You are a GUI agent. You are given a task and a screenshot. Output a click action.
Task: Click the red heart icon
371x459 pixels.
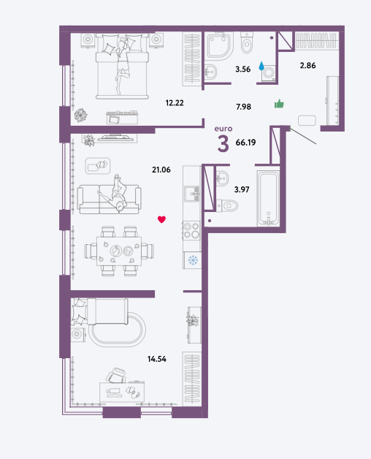[162, 219]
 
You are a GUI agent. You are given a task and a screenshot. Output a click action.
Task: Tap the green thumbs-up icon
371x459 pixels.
[279, 104]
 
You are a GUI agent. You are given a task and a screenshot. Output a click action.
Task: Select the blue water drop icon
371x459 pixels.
[261, 66]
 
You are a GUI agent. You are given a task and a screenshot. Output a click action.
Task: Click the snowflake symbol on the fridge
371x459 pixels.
[193, 260]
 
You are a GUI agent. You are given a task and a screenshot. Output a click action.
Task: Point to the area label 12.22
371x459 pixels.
[175, 103]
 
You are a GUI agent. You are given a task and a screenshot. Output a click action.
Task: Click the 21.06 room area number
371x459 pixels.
[161, 170]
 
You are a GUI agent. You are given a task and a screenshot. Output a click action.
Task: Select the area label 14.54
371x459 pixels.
[157, 359]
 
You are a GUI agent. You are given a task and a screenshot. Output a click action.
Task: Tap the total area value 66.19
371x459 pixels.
[246, 143]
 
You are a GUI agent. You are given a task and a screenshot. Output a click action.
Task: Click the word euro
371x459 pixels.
[223, 129]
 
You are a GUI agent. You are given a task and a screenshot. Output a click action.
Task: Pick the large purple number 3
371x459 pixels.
[223, 144]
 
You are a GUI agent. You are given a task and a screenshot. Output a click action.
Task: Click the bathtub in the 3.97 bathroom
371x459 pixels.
[268, 199]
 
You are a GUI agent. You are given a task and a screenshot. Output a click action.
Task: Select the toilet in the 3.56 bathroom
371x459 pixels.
[247, 42]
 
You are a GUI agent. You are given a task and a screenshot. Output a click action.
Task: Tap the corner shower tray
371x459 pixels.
[220, 45]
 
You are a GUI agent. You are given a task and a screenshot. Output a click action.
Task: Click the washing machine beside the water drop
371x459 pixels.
[268, 74]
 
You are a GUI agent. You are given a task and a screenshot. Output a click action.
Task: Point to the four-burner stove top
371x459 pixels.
[191, 230]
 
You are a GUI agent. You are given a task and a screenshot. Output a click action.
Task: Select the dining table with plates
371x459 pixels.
[119, 251]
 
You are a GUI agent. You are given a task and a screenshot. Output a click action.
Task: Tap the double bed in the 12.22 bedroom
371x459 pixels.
[122, 67]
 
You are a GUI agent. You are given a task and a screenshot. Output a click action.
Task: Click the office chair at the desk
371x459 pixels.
[116, 375]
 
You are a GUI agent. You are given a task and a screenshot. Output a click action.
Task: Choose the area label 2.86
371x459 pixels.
[307, 66]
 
